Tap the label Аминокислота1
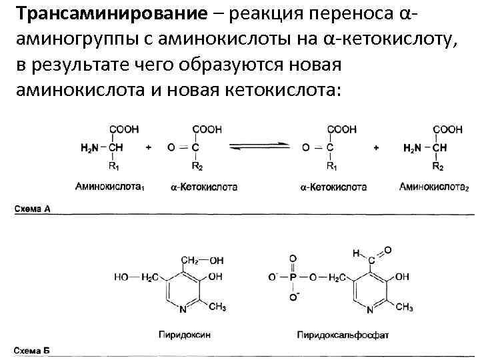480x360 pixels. tap(111, 187)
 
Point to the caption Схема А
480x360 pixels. tap(33, 209)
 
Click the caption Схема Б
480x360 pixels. tap(33, 350)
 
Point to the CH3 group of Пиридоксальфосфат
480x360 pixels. tap(404, 307)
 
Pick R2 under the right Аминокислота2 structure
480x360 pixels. tap(438, 165)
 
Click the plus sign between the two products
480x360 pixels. tap(377, 147)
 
